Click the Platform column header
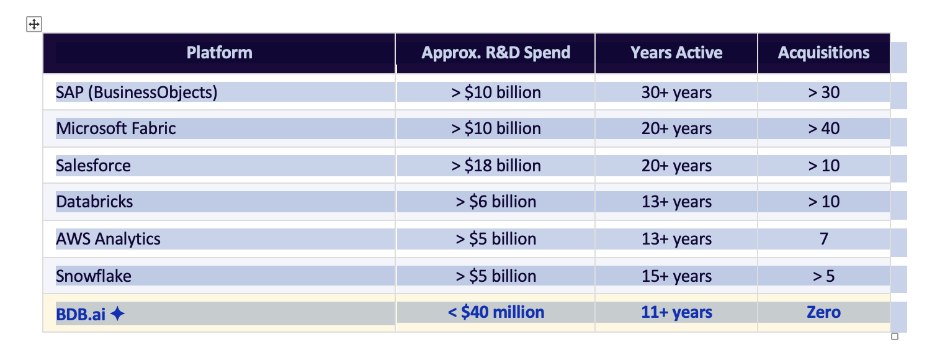point(219,53)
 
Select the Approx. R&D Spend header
point(495,53)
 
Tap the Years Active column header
point(676,53)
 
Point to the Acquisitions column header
point(823,53)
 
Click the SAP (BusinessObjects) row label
point(137,92)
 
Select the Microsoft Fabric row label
point(116,128)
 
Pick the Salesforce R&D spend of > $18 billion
point(495,166)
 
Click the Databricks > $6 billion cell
point(495,202)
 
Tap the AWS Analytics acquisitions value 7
point(823,239)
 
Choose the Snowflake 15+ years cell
point(676,276)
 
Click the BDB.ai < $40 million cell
point(495,312)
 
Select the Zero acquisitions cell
point(823,312)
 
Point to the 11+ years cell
point(676,312)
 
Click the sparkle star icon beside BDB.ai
point(117,315)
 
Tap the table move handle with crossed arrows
point(34,25)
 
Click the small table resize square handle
point(894,336)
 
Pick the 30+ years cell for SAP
point(676,92)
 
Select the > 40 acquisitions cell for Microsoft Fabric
point(823,128)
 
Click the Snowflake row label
point(94,276)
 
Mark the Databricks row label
point(94,202)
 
